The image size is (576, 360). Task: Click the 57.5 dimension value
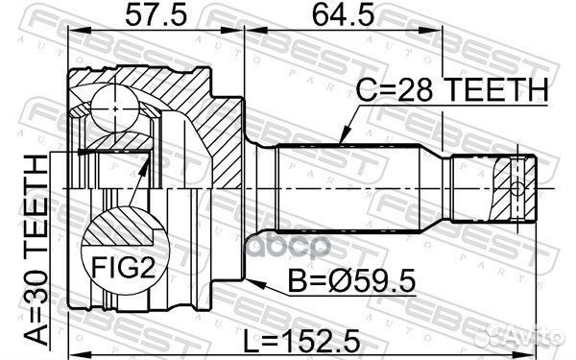click(x=156, y=15)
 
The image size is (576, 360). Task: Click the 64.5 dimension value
click(x=343, y=15)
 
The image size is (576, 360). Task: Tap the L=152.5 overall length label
click(x=302, y=340)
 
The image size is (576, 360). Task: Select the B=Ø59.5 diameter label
click(x=351, y=281)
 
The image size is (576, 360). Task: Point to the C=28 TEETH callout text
click(x=452, y=90)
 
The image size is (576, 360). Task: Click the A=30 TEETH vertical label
click(x=36, y=250)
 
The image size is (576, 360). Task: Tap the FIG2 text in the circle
click(x=124, y=267)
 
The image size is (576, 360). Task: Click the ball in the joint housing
click(x=115, y=109)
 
